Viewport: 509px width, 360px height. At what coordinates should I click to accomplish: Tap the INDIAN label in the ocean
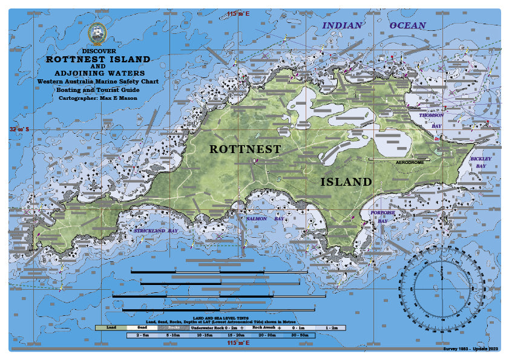point(342,25)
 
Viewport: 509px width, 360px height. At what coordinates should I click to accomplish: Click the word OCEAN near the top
point(407,25)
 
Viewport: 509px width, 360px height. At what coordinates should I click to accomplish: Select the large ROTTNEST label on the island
point(245,148)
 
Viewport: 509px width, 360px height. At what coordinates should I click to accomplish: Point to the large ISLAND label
point(346,182)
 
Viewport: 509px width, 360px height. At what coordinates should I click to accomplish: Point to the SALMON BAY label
point(263,219)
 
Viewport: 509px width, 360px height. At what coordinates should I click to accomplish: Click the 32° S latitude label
point(17,129)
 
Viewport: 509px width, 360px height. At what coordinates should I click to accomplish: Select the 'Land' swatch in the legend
point(111,327)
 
